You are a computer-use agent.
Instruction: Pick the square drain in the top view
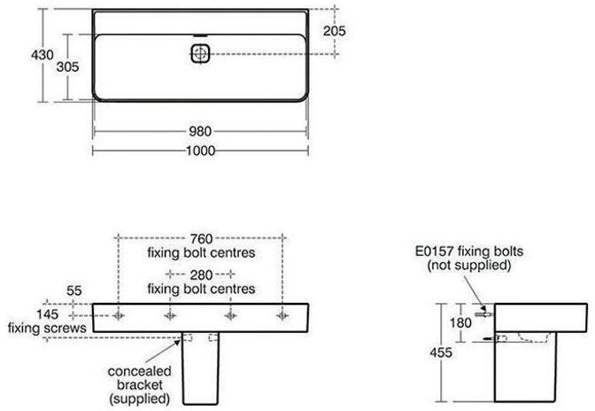click(200, 54)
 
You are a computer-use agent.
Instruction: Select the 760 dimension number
click(201, 237)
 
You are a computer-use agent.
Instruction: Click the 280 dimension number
click(201, 274)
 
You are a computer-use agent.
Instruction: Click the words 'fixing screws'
click(47, 329)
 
